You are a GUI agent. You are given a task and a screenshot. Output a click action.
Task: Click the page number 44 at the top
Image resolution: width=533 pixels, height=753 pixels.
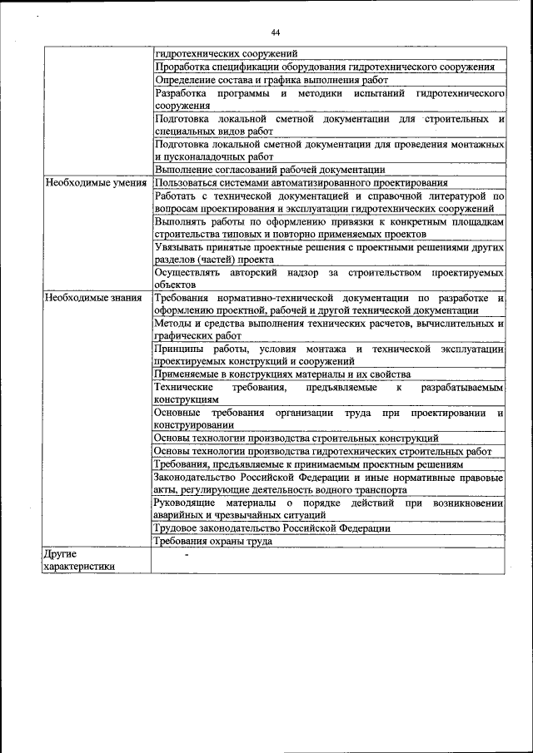pos(275,32)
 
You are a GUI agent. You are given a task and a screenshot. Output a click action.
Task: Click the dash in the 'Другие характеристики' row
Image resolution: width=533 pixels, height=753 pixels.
pos(187,553)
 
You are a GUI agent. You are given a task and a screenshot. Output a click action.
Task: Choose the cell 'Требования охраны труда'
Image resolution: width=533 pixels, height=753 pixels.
pos(213,542)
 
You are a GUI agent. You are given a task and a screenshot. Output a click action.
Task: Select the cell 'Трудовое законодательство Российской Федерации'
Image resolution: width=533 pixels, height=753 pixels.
pos(271,528)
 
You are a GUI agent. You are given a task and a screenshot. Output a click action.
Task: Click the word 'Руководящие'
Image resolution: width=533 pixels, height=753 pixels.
pos(185,503)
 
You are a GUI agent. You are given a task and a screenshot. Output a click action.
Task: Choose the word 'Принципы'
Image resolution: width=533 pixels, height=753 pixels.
pos(179,349)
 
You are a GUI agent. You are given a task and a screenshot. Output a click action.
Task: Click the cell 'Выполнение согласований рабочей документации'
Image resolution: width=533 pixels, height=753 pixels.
pos(270,169)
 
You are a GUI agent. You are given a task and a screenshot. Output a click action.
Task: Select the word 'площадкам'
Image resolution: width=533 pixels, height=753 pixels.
pos(476,221)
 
